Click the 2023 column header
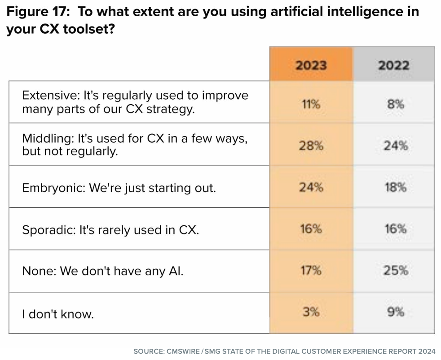coord(311,66)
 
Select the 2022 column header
coord(393,66)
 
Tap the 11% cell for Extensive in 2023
coord(311,104)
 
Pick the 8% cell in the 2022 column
coord(395,104)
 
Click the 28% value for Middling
coord(311,145)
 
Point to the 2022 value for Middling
coord(396,145)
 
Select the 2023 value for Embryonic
coord(311,187)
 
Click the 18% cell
coord(396,187)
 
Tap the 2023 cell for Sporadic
coord(311,229)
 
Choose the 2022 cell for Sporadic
coord(396,229)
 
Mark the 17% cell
coord(311,271)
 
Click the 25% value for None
coord(396,271)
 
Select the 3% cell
coord(311,312)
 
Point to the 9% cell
coord(396,312)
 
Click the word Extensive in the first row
coord(48,96)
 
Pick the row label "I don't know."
coord(58,314)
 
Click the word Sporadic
coord(49,230)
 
